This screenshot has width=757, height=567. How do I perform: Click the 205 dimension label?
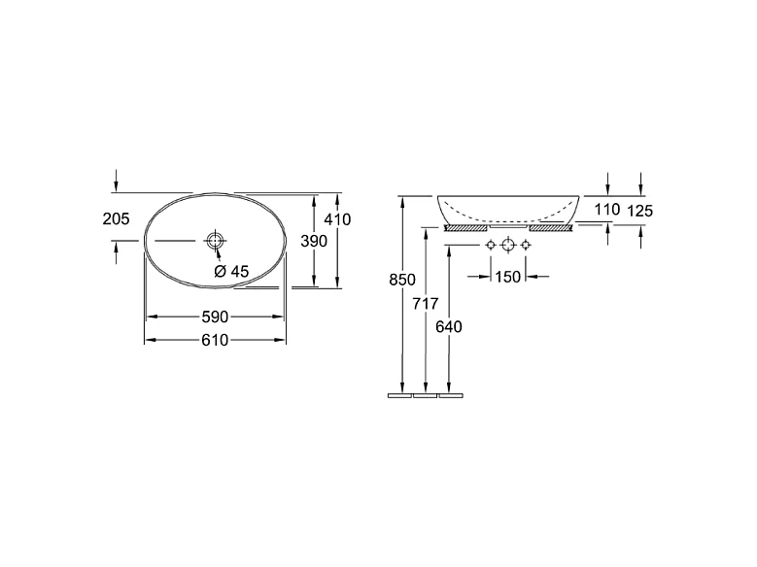[x=117, y=219]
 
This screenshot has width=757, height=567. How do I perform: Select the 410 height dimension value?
[x=337, y=219]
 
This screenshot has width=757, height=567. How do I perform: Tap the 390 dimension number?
[x=314, y=241]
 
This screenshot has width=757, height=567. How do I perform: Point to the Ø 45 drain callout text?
[x=231, y=272]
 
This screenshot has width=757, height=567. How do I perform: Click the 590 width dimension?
[x=215, y=317]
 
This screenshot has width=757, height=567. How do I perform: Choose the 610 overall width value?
[x=215, y=340]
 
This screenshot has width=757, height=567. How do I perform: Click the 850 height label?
[x=402, y=280]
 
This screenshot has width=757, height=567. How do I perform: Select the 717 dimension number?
[x=426, y=304]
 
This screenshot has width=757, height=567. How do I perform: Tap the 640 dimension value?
[x=449, y=326]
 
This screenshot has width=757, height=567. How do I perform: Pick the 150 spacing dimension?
[x=508, y=277]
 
